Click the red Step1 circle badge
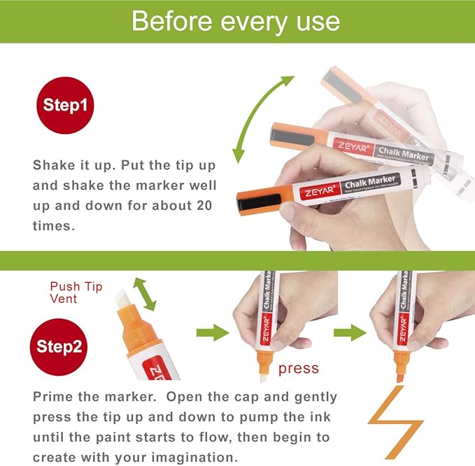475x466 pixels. pos(66,105)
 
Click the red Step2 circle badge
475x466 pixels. pos(59,346)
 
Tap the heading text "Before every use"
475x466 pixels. pos(236,21)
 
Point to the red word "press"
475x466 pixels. pos(298,368)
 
